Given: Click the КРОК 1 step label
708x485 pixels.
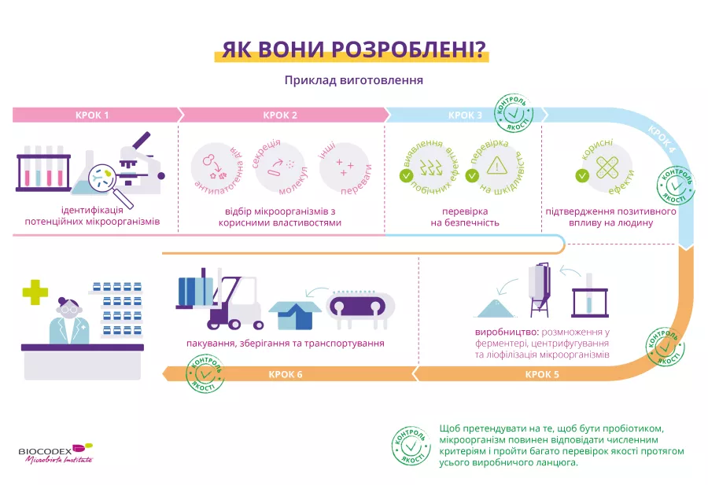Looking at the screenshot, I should [x=92, y=116].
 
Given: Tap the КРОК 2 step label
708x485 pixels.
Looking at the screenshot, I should [x=280, y=116].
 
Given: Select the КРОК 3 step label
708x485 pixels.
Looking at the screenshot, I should [x=466, y=116].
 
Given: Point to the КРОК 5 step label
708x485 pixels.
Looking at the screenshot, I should [x=542, y=374].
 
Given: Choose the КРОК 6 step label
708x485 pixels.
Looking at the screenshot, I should [x=285, y=374].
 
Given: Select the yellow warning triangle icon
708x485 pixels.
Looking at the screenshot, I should [x=496, y=166].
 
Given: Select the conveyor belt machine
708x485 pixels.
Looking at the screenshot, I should [x=360, y=310].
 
